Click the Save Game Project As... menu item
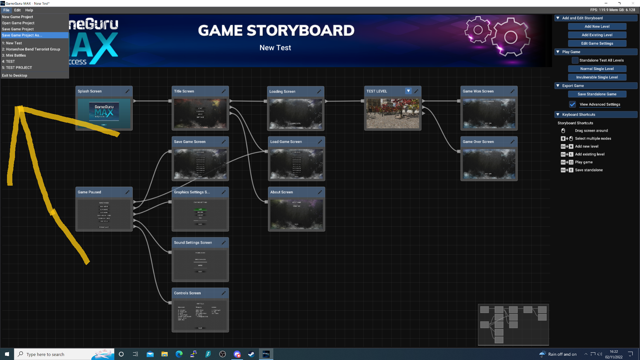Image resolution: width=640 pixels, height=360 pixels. tap(22, 35)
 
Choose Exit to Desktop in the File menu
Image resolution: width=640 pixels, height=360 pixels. tap(15, 76)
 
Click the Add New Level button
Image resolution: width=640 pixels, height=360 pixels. tap(597, 27)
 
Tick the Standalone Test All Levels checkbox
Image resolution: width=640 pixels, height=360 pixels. tap(575, 60)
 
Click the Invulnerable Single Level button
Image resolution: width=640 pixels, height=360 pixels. tap(597, 77)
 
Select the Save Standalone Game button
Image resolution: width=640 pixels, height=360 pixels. tap(597, 94)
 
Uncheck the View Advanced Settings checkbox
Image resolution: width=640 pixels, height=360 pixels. tap(572, 104)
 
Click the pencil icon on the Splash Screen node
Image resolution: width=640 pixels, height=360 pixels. tap(127, 91)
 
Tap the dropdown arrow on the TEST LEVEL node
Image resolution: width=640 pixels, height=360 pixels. tap(408, 91)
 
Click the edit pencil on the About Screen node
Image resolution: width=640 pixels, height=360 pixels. tap(320, 192)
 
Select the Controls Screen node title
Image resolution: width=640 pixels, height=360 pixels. tap(187, 293)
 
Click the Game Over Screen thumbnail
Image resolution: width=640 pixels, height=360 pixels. tap(489, 164)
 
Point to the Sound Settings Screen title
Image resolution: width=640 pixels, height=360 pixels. tap(193, 243)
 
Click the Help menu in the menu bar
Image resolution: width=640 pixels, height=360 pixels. tap(29, 10)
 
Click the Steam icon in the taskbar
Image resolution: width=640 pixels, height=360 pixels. tap(251, 354)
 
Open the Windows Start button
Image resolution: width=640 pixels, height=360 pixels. tap(7, 354)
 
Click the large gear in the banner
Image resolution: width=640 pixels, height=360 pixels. tap(510, 37)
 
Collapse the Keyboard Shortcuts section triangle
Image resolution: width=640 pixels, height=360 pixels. tap(558, 115)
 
